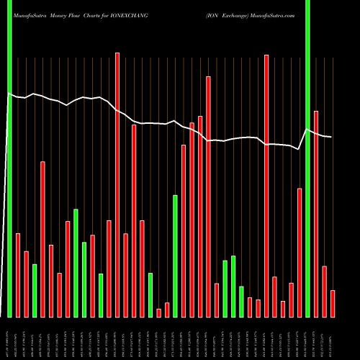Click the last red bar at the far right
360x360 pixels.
(x=333, y=303)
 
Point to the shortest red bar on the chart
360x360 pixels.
(x=159, y=312)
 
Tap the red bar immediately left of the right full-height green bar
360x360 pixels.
(x=300, y=253)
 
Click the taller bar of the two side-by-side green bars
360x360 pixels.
(x=76, y=263)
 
